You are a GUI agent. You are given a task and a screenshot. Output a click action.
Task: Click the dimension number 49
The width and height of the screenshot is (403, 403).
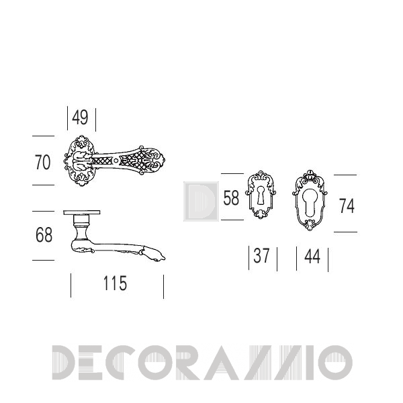pyautogui.click(x=80, y=118)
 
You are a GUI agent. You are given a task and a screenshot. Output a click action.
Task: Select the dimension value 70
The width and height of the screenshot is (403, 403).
pyautogui.click(x=42, y=163)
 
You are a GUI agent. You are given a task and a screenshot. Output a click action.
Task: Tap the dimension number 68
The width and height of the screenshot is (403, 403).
pyautogui.click(x=44, y=235)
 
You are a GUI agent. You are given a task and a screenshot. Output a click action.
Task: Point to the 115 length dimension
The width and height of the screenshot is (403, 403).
pyautogui.click(x=115, y=283)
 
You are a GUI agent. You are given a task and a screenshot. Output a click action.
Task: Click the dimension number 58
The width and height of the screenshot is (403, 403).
pyautogui.click(x=231, y=198)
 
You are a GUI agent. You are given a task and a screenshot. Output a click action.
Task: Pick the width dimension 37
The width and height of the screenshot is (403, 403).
pyautogui.click(x=261, y=256)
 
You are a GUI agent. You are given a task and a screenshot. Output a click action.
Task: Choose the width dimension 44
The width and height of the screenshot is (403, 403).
pyautogui.click(x=312, y=257)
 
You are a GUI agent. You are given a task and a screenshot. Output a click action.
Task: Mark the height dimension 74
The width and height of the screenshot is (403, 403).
pyautogui.click(x=347, y=206)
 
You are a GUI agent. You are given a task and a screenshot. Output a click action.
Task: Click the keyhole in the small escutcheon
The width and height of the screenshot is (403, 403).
pyautogui.click(x=261, y=195)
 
